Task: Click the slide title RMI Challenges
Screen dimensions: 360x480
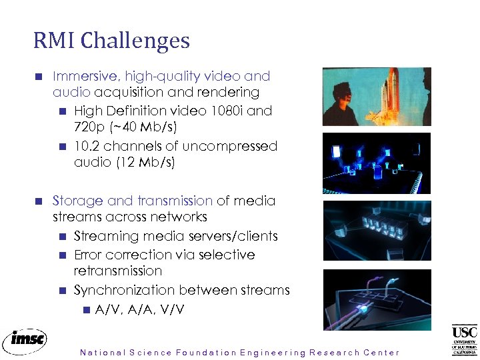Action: coord(111,41)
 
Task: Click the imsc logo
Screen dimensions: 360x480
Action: coord(25,340)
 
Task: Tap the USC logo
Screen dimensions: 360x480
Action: coord(464,339)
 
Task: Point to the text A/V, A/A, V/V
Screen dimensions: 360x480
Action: coord(140,309)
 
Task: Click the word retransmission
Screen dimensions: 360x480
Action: coord(118,271)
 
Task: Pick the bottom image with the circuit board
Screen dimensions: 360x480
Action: coord(377,299)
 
